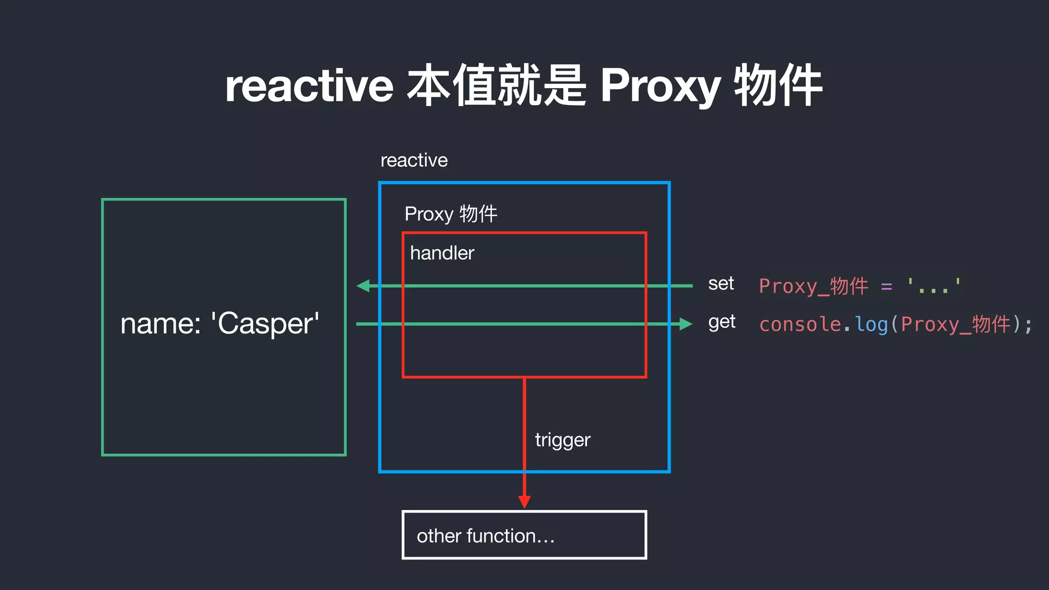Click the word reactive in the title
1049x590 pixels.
click(x=309, y=86)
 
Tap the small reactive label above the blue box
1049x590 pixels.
click(x=414, y=160)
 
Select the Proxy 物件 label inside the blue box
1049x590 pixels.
click(x=451, y=214)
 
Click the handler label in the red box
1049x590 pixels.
click(x=442, y=253)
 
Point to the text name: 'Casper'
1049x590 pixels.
click(x=220, y=324)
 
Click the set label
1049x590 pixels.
click(x=721, y=283)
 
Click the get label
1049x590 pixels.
click(x=721, y=322)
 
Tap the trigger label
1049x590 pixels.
click(x=562, y=440)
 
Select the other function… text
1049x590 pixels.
click(x=485, y=536)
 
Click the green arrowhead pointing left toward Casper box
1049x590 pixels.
click(x=364, y=286)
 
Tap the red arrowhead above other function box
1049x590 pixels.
click(x=524, y=501)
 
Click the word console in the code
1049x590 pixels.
click(x=800, y=324)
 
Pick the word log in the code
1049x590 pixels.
click(x=871, y=324)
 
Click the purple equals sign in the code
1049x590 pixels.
click(x=886, y=286)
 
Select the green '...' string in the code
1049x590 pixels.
click(x=933, y=285)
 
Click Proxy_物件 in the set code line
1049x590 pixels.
click(x=813, y=286)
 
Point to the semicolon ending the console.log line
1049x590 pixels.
click(x=1028, y=325)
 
